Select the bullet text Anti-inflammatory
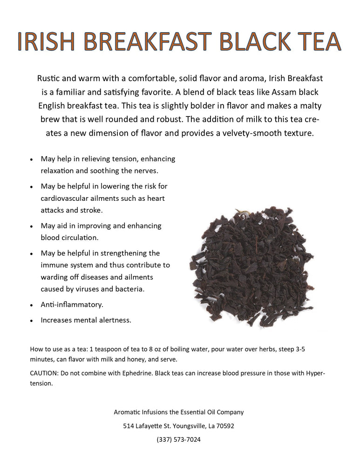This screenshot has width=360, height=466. pos(72,305)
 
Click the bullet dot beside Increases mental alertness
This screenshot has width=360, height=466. pos(31,321)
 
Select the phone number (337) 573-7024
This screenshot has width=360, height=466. pos(179,439)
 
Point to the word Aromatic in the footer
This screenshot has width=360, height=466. pos(129,412)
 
